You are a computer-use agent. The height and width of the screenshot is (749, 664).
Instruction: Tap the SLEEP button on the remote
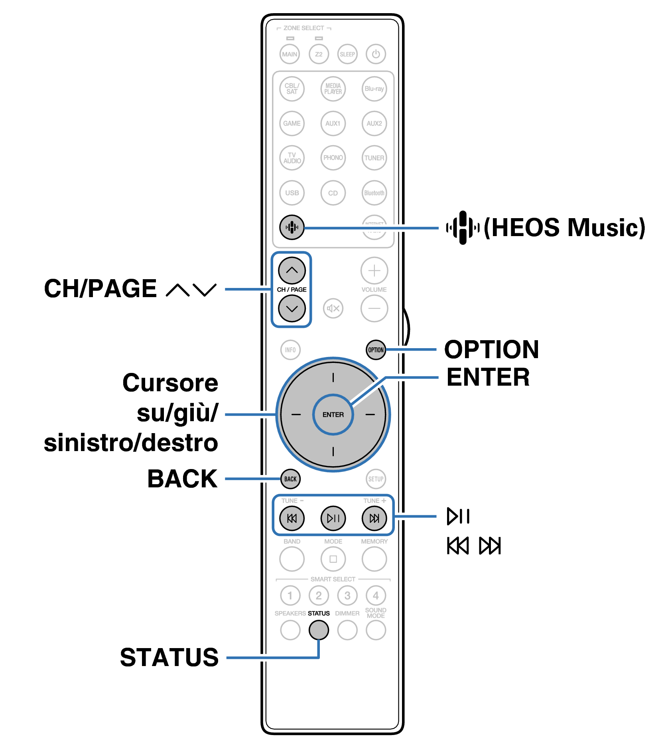pos(347,54)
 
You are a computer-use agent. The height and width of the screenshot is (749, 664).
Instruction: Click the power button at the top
pos(376,54)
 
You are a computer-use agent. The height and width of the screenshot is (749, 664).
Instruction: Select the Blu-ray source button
pos(374,89)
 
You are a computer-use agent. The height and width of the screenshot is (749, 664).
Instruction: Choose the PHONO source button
pos(333,158)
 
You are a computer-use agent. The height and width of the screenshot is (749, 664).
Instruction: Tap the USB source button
pos(292,193)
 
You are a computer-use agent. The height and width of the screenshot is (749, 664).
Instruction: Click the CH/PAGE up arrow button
pos(292,270)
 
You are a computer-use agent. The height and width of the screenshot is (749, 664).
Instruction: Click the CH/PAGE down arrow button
pos(292,308)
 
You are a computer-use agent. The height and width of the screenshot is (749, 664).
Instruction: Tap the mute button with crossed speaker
pos(333,308)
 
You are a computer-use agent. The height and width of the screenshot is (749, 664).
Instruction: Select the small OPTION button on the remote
pos(376,350)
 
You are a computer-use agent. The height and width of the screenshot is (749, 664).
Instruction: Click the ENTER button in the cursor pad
pos(333,415)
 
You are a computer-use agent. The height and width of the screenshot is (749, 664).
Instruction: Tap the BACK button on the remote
pos(290,479)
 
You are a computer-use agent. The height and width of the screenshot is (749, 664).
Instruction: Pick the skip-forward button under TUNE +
pos(374,518)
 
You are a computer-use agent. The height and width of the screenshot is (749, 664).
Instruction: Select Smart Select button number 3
pos(347,595)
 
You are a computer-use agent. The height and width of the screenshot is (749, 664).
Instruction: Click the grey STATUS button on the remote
pos(319,630)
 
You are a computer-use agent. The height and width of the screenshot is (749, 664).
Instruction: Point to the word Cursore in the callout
pos(170,383)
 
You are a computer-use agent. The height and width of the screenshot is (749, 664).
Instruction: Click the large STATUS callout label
pos(169,657)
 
